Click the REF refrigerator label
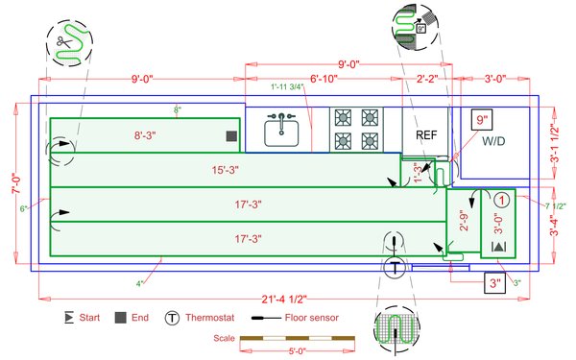[425, 135]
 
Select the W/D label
[493, 141]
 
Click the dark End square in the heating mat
[231, 137]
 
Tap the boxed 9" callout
[481, 120]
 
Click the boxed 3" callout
[492, 283]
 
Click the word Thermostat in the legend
[213, 317]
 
